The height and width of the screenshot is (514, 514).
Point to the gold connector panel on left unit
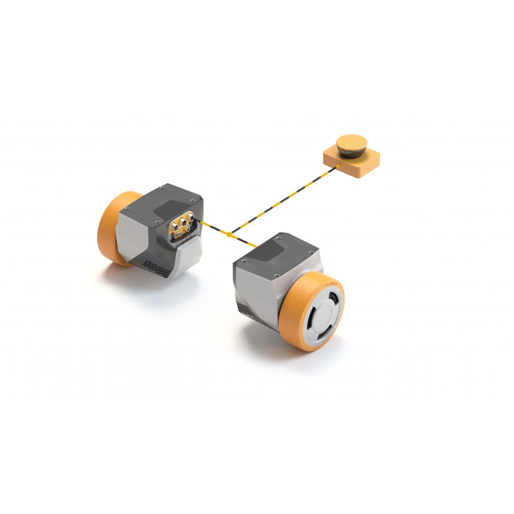click(180, 225)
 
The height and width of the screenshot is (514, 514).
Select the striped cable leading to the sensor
click(284, 201)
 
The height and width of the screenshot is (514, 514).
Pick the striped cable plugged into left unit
click(211, 228)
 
